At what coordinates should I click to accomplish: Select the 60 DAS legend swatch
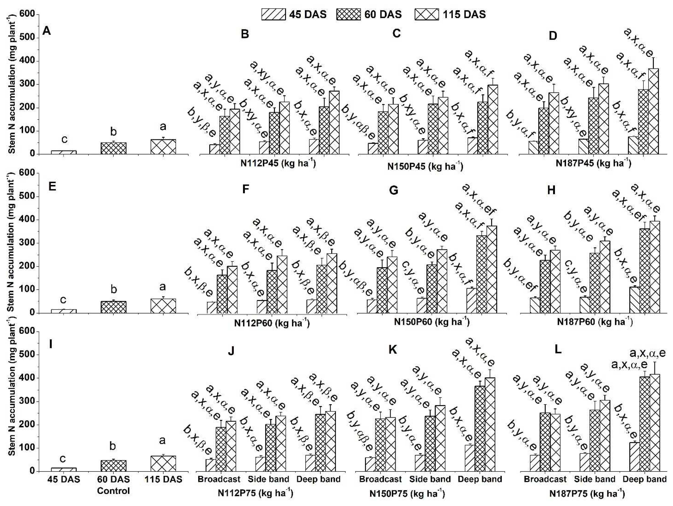[348, 14]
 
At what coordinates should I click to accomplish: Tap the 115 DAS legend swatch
[427, 14]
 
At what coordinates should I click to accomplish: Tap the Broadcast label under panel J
[219, 479]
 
